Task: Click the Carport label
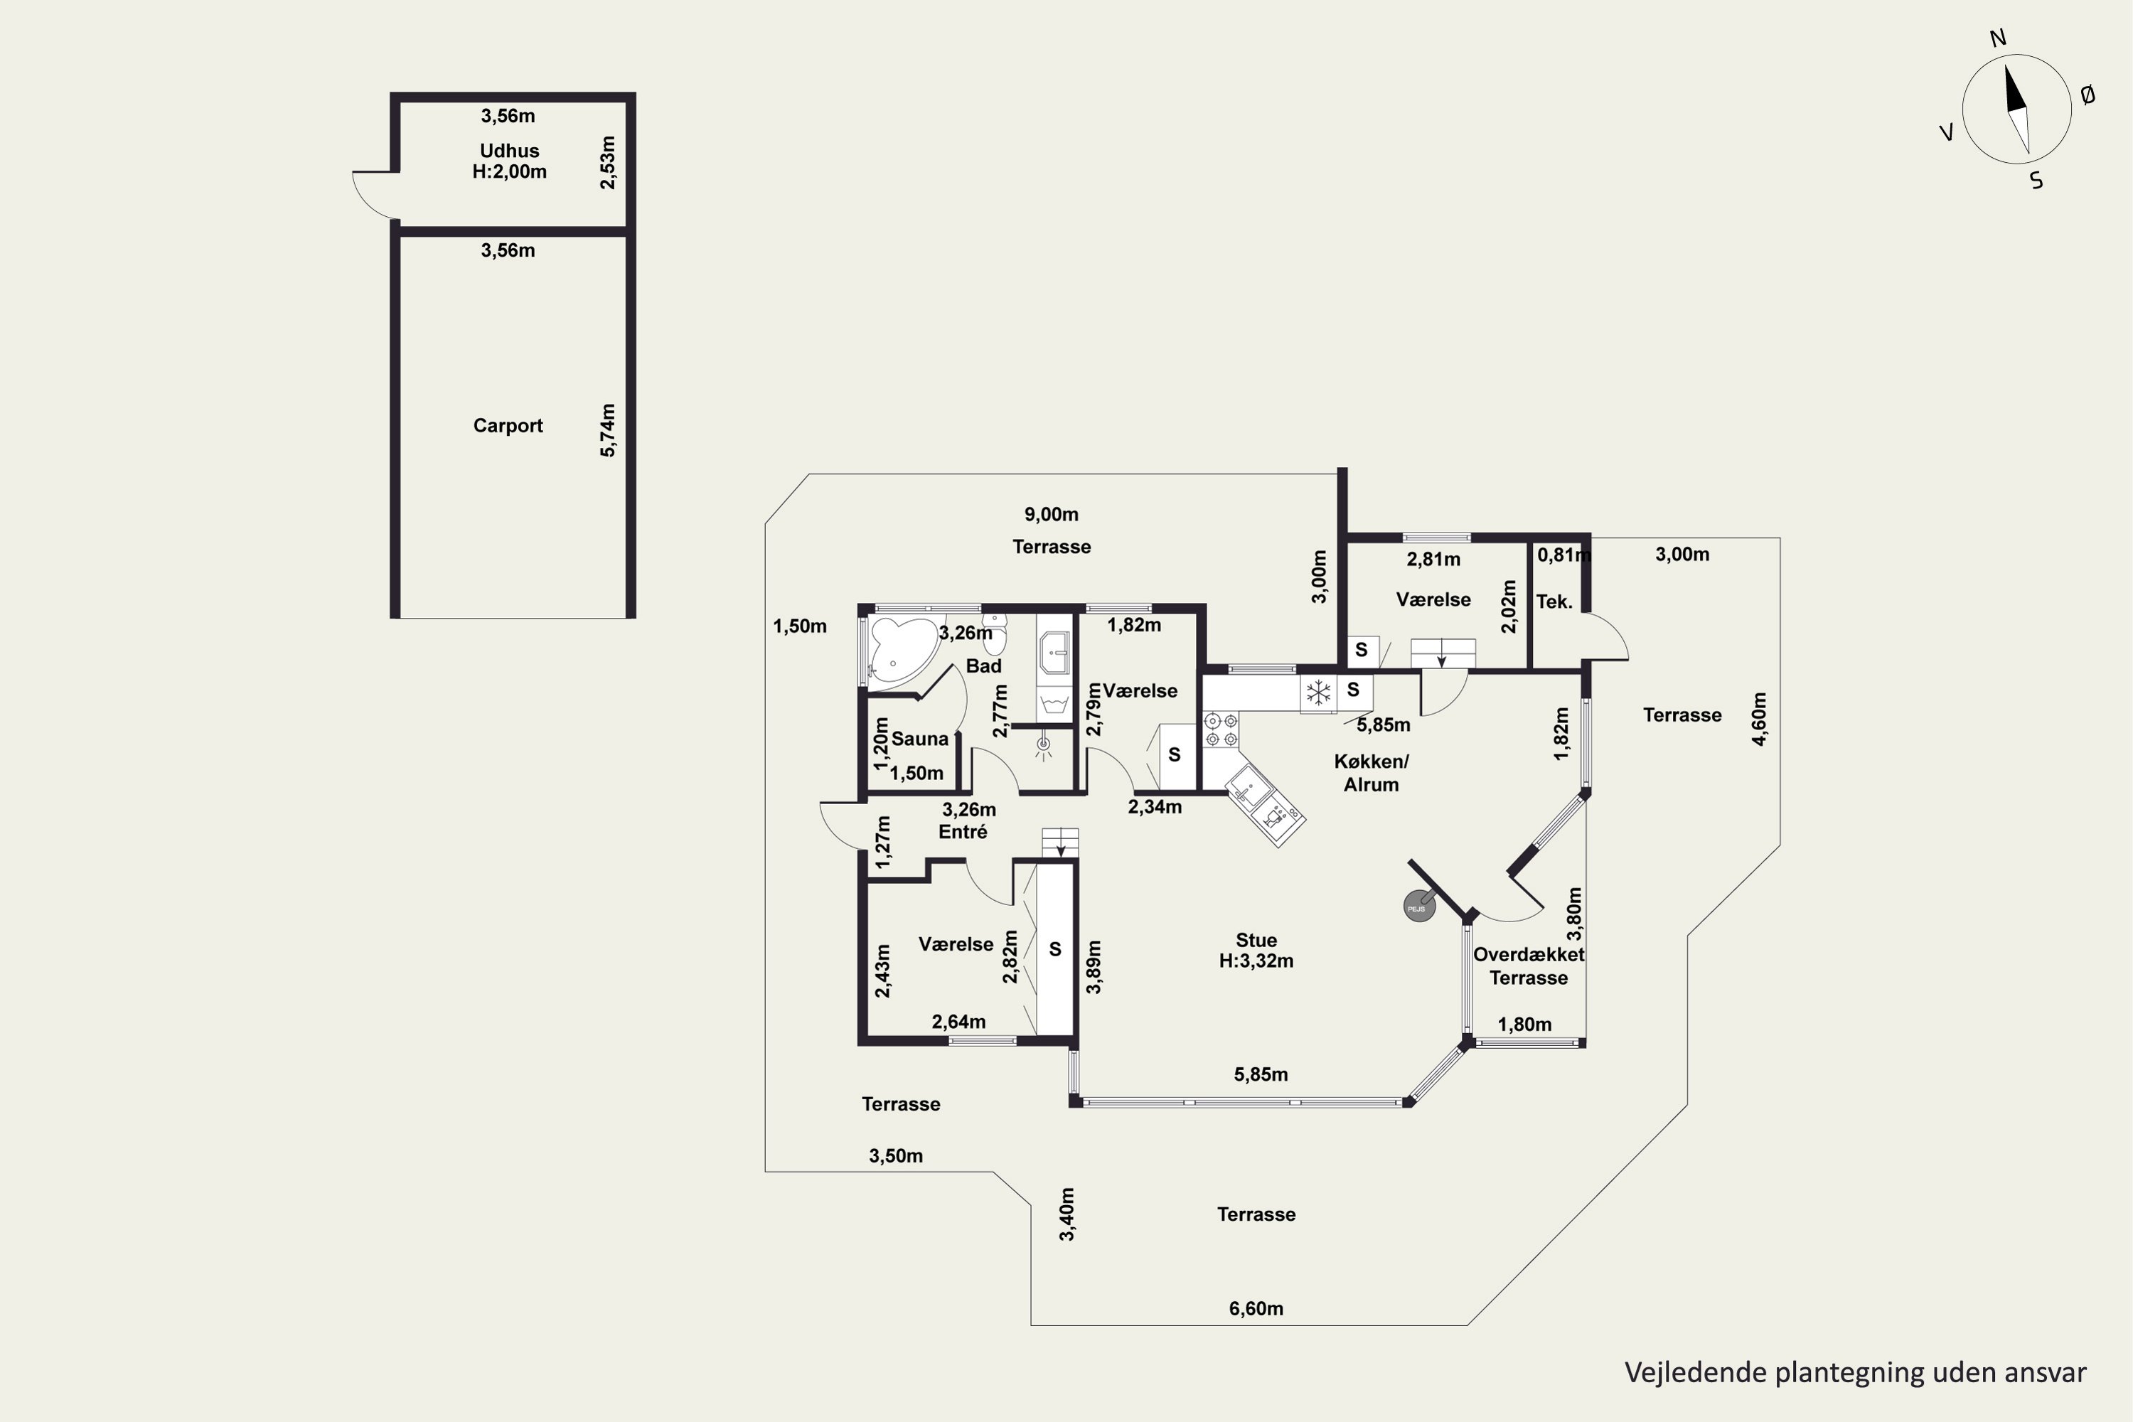point(508,425)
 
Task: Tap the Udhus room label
point(510,151)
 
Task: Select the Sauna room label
point(919,738)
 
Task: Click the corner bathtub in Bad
point(901,648)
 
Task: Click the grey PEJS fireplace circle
point(1419,907)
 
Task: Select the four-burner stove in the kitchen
point(1221,730)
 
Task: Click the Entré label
point(963,832)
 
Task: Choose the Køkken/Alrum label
point(1372,773)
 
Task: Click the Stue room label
point(1256,941)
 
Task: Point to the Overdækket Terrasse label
point(1529,966)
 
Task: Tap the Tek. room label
point(1554,602)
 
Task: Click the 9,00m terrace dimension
point(1052,514)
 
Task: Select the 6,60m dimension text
point(1256,1309)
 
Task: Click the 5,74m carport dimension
point(608,430)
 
